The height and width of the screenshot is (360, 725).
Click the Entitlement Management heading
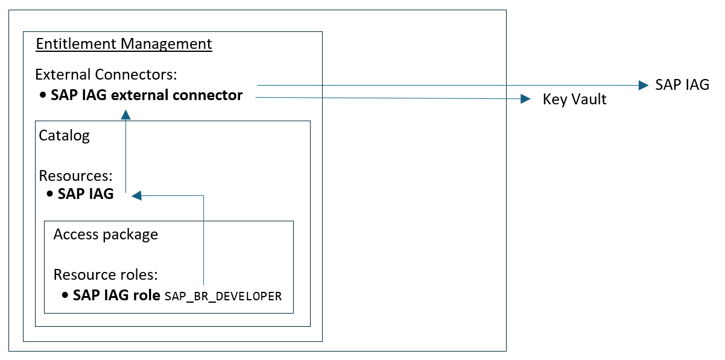click(x=124, y=44)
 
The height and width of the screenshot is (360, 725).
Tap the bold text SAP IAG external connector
click(x=147, y=95)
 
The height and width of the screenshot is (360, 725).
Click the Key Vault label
click(x=574, y=99)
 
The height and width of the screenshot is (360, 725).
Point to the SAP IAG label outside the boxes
click(x=682, y=85)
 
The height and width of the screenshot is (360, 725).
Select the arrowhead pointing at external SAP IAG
click(x=642, y=86)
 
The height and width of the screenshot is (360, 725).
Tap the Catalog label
click(x=64, y=135)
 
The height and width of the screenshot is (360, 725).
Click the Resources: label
click(x=76, y=176)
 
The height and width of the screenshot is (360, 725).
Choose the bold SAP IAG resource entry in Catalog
click(x=86, y=194)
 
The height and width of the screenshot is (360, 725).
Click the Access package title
click(x=106, y=234)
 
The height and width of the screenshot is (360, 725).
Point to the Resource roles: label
click(x=106, y=275)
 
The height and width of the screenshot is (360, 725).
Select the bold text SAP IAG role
click(x=116, y=295)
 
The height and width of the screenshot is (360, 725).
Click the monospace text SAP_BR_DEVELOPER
click(x=223, y=297)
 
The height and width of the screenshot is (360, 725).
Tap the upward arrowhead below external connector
click(x=125, y=114)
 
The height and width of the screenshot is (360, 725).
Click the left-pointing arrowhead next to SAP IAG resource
click(x=136, y=195)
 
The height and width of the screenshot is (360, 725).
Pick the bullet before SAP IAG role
click(x=65, y=296)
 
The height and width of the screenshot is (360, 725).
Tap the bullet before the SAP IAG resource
click(x=50, y=195)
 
